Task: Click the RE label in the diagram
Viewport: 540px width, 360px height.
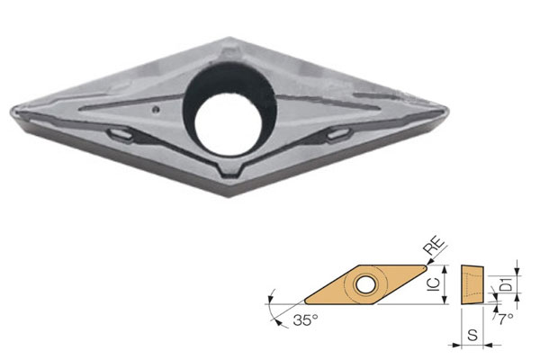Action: [x=435, y=246]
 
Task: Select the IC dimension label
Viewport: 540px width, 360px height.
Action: [x=435, y=284]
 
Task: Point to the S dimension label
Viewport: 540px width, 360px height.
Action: [x=472, y=334]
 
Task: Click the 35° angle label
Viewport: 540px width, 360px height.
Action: [x=305, y=320]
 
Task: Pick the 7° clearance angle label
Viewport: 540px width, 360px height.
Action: [x=506, y=319]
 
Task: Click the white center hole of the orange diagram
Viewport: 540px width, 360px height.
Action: [x=366, y=284]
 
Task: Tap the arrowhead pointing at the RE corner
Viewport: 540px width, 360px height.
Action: [x=428, y=263]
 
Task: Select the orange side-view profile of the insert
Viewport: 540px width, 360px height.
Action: [x=472, y=284]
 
